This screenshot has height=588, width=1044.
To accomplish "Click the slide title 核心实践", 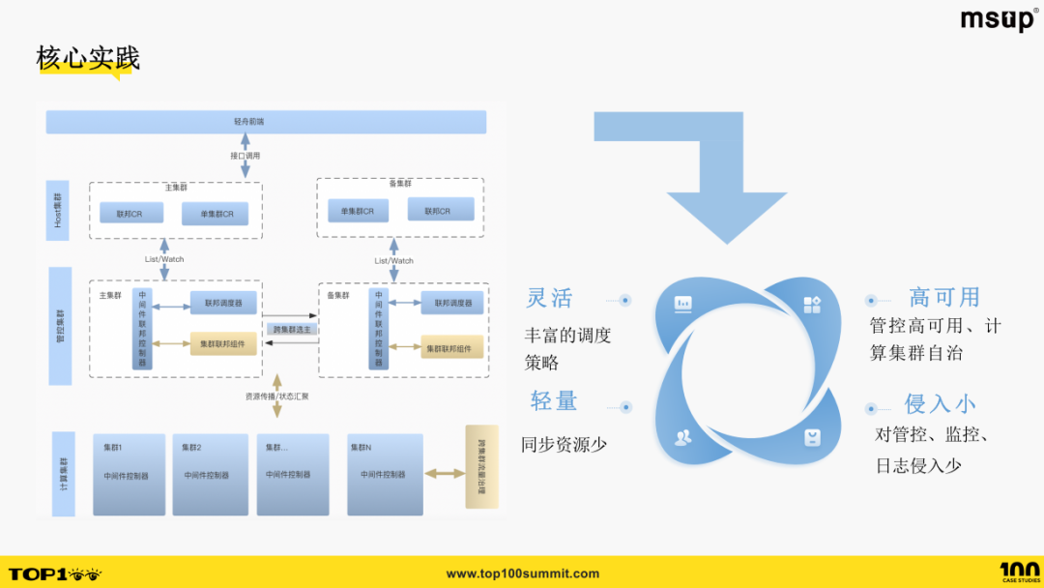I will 88,58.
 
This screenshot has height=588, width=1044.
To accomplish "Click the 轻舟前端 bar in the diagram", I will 266,122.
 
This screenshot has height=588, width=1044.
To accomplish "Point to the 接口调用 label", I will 245,156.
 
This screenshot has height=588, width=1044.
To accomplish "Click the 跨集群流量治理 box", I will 481,466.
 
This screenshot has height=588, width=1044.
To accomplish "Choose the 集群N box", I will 385,474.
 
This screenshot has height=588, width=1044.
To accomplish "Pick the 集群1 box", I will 129,474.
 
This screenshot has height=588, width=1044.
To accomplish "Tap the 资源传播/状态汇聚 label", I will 277,396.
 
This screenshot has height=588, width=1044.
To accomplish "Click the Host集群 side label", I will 58,210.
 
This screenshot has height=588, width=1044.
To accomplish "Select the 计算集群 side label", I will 62,474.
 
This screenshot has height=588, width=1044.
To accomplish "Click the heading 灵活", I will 549,298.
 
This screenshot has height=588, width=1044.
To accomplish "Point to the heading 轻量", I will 554,400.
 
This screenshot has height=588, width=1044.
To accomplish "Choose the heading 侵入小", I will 940,403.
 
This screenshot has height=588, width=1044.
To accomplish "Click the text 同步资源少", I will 565,445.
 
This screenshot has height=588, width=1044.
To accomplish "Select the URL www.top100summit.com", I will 522,573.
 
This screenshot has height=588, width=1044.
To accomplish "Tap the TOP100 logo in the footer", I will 54,573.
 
